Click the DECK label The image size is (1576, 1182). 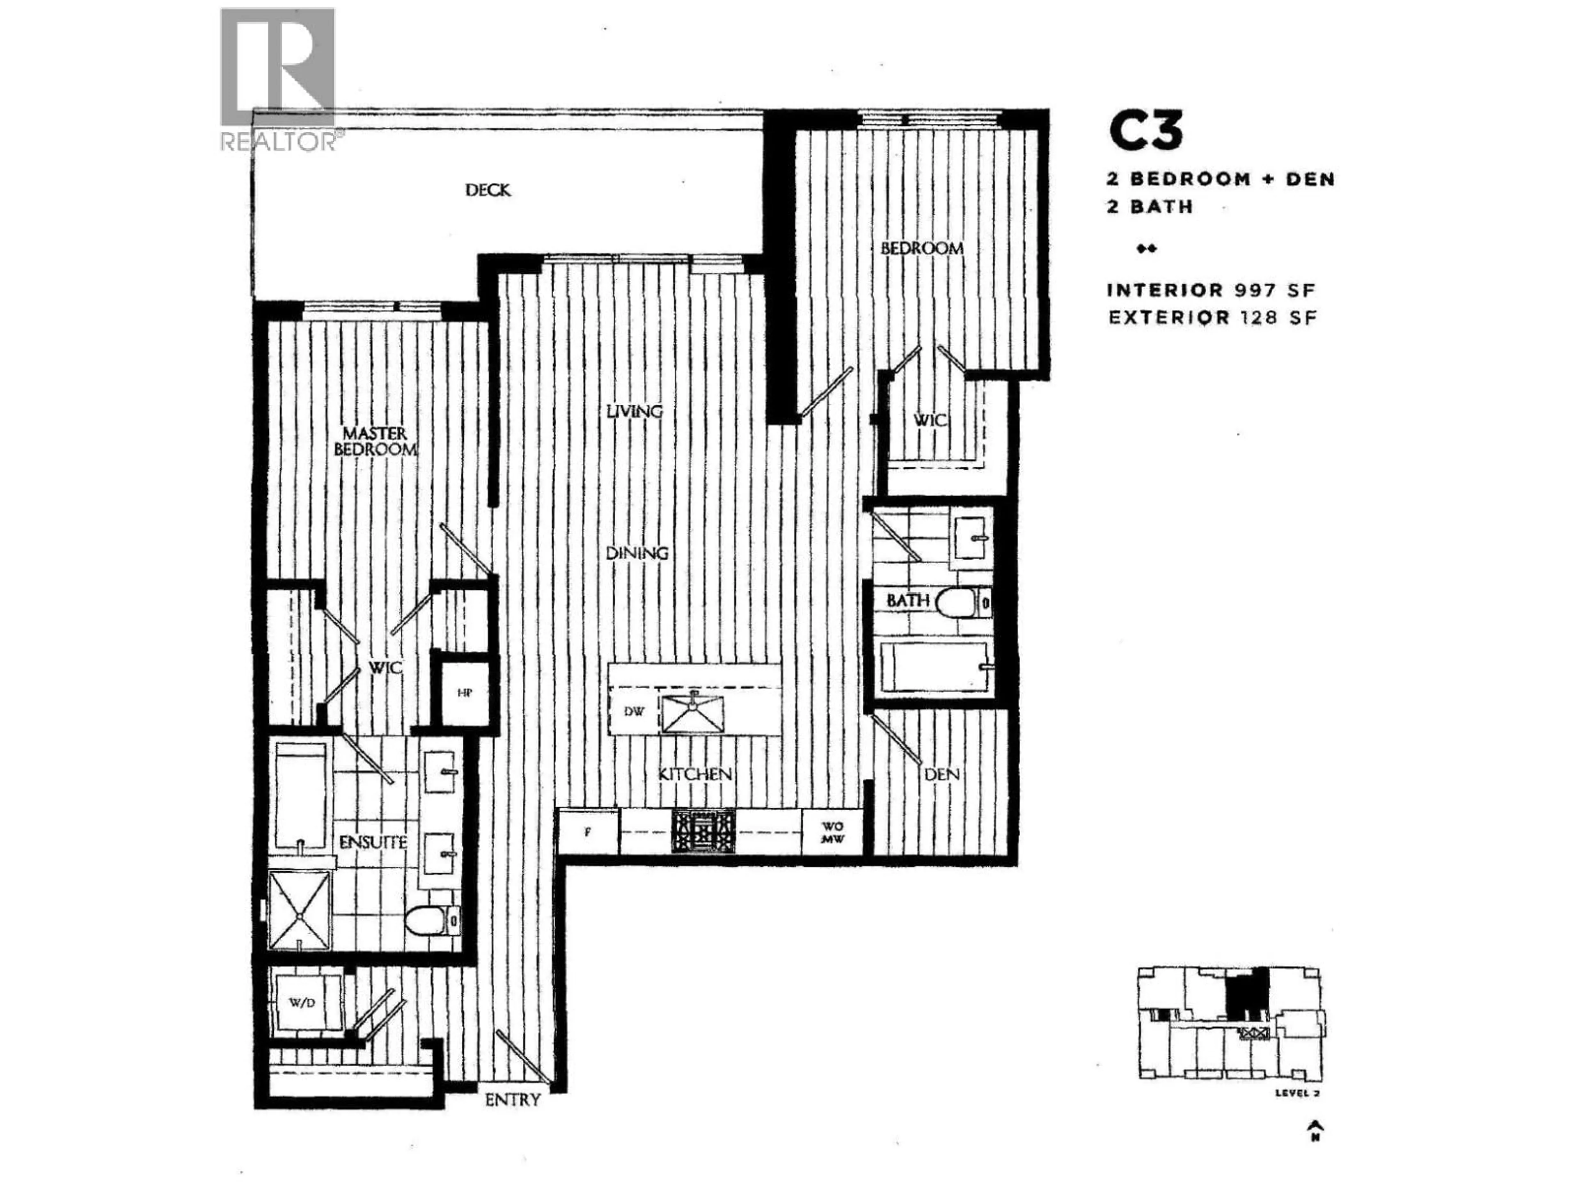488,190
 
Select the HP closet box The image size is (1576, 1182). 465,692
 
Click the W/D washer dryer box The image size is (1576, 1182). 301,1003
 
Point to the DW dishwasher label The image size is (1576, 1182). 633,712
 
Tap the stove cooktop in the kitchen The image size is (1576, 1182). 703,832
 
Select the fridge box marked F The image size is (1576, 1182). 588,832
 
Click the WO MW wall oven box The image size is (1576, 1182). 832,832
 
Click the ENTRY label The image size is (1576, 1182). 512,1100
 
